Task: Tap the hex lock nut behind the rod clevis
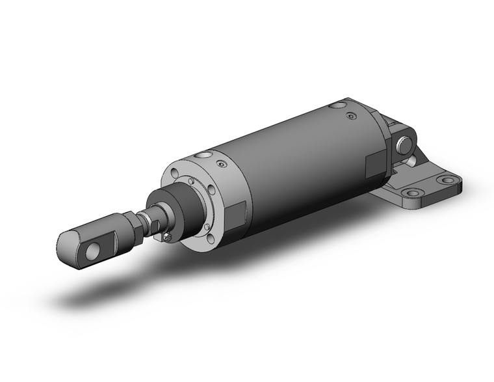pos(138,226)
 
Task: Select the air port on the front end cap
pos(205,156)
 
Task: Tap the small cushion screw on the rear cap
pos(352,116)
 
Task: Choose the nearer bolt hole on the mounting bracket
pos(409,193)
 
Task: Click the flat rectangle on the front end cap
pos(235,214)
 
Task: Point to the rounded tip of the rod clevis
pos(65,243)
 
